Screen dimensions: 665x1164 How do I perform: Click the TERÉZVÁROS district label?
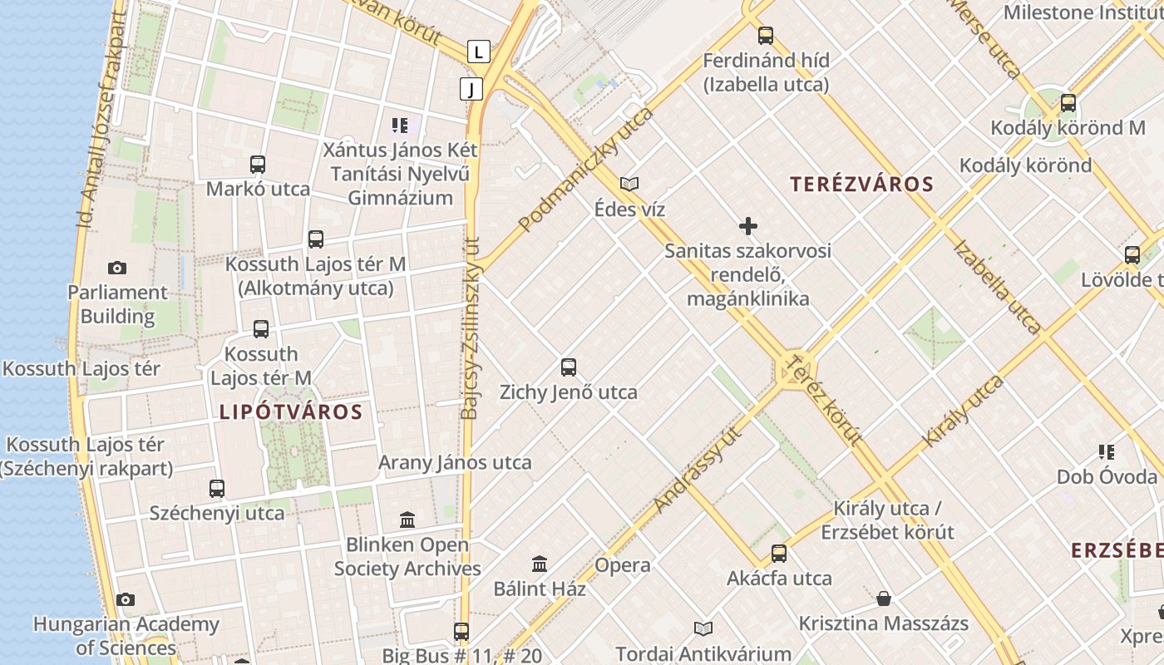[x=862, y=185]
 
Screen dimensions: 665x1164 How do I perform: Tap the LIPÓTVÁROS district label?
[x=291, y=411]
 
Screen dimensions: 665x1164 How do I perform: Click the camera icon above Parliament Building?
[x=117, y=268]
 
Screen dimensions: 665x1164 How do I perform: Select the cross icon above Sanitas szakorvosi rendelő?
[x=747, y=226]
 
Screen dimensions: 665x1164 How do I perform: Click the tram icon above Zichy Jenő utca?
[x=569, y=367]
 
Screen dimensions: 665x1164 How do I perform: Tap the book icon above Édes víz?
[x=629, y=184]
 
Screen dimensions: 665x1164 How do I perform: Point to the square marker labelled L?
[x=478, y=52]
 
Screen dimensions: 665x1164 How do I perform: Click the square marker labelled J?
[x=471, y=88]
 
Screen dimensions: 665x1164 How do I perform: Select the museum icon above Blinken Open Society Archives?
[x=407, y=520]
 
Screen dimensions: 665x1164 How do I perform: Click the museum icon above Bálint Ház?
[x=540, y=564]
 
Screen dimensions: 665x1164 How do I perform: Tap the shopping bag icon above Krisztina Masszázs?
[x=884, y=598]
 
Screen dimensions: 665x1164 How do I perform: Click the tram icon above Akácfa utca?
[x=779, y=553]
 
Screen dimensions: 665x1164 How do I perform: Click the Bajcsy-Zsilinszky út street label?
[x=471, y=328]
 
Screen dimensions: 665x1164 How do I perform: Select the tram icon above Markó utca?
[x=258, y=164]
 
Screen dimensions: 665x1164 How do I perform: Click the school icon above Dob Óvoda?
[x=1107, y=452]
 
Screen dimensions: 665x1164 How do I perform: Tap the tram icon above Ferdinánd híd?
[x=766, y=36]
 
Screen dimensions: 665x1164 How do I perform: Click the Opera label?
[x=623, y=565]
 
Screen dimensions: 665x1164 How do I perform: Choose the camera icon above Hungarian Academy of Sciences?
[x=126, y=599]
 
